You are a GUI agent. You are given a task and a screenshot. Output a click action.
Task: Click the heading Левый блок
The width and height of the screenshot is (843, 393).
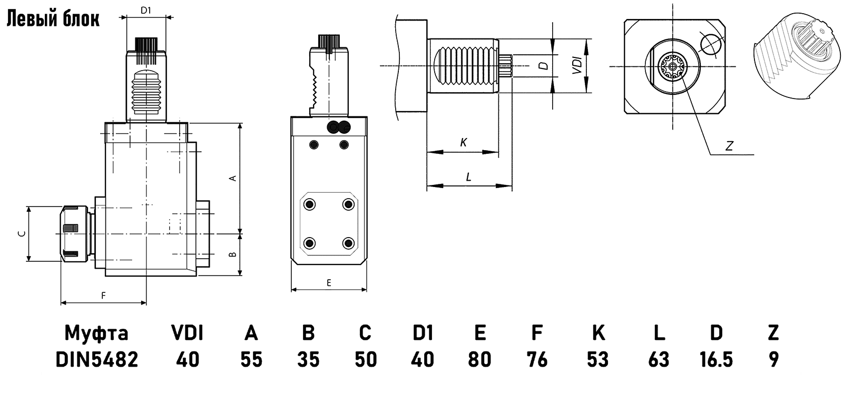(52, 19)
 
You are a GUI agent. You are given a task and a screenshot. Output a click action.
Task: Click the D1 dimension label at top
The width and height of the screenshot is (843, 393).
(146, 9)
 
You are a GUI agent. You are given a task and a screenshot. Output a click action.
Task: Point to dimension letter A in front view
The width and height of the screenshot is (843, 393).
(232, 178)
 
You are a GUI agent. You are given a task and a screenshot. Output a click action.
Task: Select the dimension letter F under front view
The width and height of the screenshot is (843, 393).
(103, 296)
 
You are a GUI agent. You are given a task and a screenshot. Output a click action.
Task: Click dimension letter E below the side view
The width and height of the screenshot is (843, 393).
(329, 283)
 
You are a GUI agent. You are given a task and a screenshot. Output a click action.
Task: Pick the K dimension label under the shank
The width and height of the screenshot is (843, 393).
(464, 142)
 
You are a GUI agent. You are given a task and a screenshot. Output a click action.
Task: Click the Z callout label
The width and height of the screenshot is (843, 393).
(729, 146)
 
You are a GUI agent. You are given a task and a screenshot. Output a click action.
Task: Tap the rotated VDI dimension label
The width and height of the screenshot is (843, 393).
(577, 65)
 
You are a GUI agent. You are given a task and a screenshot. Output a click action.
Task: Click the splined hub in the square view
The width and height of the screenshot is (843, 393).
(672, 67)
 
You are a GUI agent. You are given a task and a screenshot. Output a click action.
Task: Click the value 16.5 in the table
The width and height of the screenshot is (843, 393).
(716, 360)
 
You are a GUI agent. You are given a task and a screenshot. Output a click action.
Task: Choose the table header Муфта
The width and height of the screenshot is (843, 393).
(96, 333)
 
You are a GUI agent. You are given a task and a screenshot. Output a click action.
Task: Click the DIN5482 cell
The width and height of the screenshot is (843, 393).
(96, 360)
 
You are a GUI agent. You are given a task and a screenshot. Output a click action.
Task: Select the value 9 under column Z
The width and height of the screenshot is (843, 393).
(773, 360)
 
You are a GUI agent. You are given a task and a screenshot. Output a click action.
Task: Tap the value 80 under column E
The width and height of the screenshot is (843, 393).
(479, 360)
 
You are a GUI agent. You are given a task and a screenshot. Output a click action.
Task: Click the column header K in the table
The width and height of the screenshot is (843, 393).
(598, 333)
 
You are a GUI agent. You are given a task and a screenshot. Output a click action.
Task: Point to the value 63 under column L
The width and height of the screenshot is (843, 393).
(659, 360)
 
